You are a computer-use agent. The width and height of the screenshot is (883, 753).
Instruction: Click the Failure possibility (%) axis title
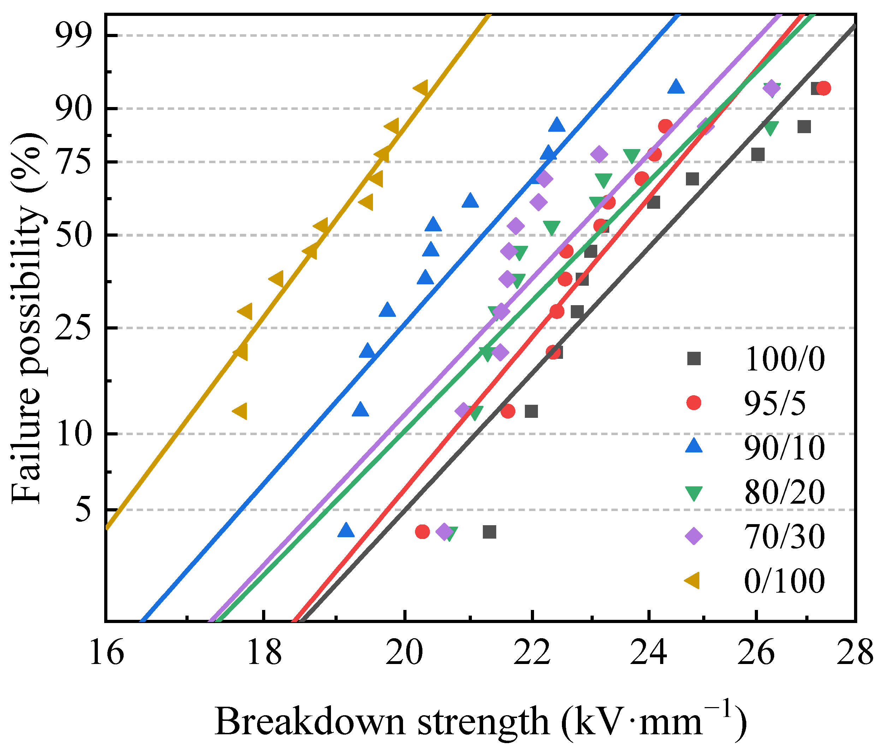(x=28, y=317)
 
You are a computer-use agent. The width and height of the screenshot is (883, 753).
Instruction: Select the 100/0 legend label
(x=784, y=359)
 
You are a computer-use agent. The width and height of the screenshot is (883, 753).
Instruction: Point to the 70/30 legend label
(x=784, y=536)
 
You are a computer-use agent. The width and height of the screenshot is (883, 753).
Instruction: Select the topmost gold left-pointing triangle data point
(x=421, y=88)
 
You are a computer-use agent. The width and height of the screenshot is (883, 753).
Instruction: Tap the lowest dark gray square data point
(x=490, y=532)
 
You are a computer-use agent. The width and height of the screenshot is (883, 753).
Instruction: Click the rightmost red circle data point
(x=823, y=88)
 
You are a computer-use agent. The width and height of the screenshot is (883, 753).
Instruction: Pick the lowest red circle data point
(x=422, y=532)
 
